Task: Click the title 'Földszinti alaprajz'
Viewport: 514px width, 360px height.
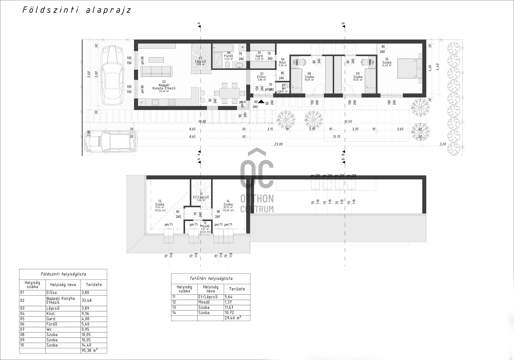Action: (x=77, y=10)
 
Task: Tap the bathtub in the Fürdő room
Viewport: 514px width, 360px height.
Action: (x=223, y=48)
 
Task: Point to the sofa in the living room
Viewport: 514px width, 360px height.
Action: (x=156, y=71)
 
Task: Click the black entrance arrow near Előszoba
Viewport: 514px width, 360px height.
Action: (x=261, y=102)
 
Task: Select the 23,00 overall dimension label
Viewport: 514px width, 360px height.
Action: (x=278, y=144)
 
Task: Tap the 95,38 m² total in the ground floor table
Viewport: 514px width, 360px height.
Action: (x=89, y=350)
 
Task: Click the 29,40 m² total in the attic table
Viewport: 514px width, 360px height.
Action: (x=233, y=318)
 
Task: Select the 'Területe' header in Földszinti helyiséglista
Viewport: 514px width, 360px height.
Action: (x=94, y=285)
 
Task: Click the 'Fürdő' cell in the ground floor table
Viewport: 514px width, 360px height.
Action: (x=52, y=324)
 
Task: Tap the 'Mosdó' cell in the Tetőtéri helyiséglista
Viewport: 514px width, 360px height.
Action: (x=204, y=302)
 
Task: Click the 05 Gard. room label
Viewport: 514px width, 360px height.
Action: (x=259, y=56)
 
